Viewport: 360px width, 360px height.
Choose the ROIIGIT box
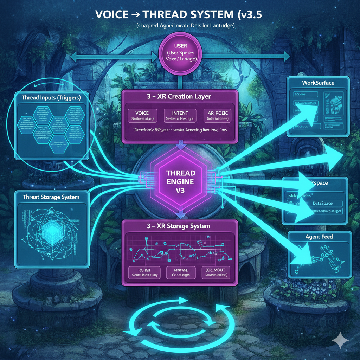(143, 272)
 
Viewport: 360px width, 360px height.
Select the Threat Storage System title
(51, 197)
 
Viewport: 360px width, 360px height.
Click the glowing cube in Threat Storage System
(51, 230)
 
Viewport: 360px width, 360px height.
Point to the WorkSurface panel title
(318, 83)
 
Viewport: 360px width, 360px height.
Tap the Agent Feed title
(319, 237)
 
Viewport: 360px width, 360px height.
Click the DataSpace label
(323, 203)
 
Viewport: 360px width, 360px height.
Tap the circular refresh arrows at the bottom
(178, 316)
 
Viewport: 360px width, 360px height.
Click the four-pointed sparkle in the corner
(340, 340)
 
